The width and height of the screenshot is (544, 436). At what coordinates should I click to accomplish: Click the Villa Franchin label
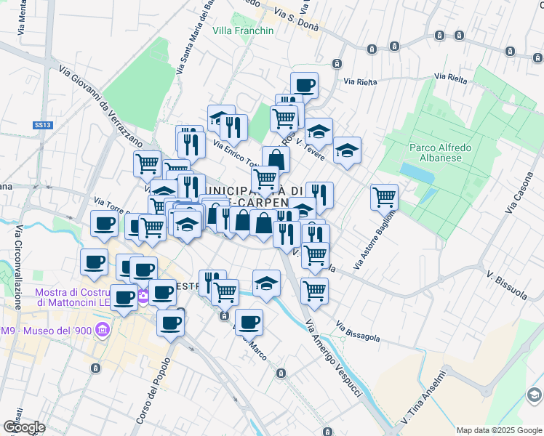point(243,31)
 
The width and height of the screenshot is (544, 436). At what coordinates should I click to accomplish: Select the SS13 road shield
point(43,125)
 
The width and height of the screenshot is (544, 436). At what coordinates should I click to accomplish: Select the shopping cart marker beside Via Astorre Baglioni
point(384,195)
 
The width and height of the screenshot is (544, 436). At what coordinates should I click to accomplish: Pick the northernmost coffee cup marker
point(304,84)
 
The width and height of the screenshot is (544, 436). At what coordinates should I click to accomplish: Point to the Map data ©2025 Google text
point(498,430)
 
